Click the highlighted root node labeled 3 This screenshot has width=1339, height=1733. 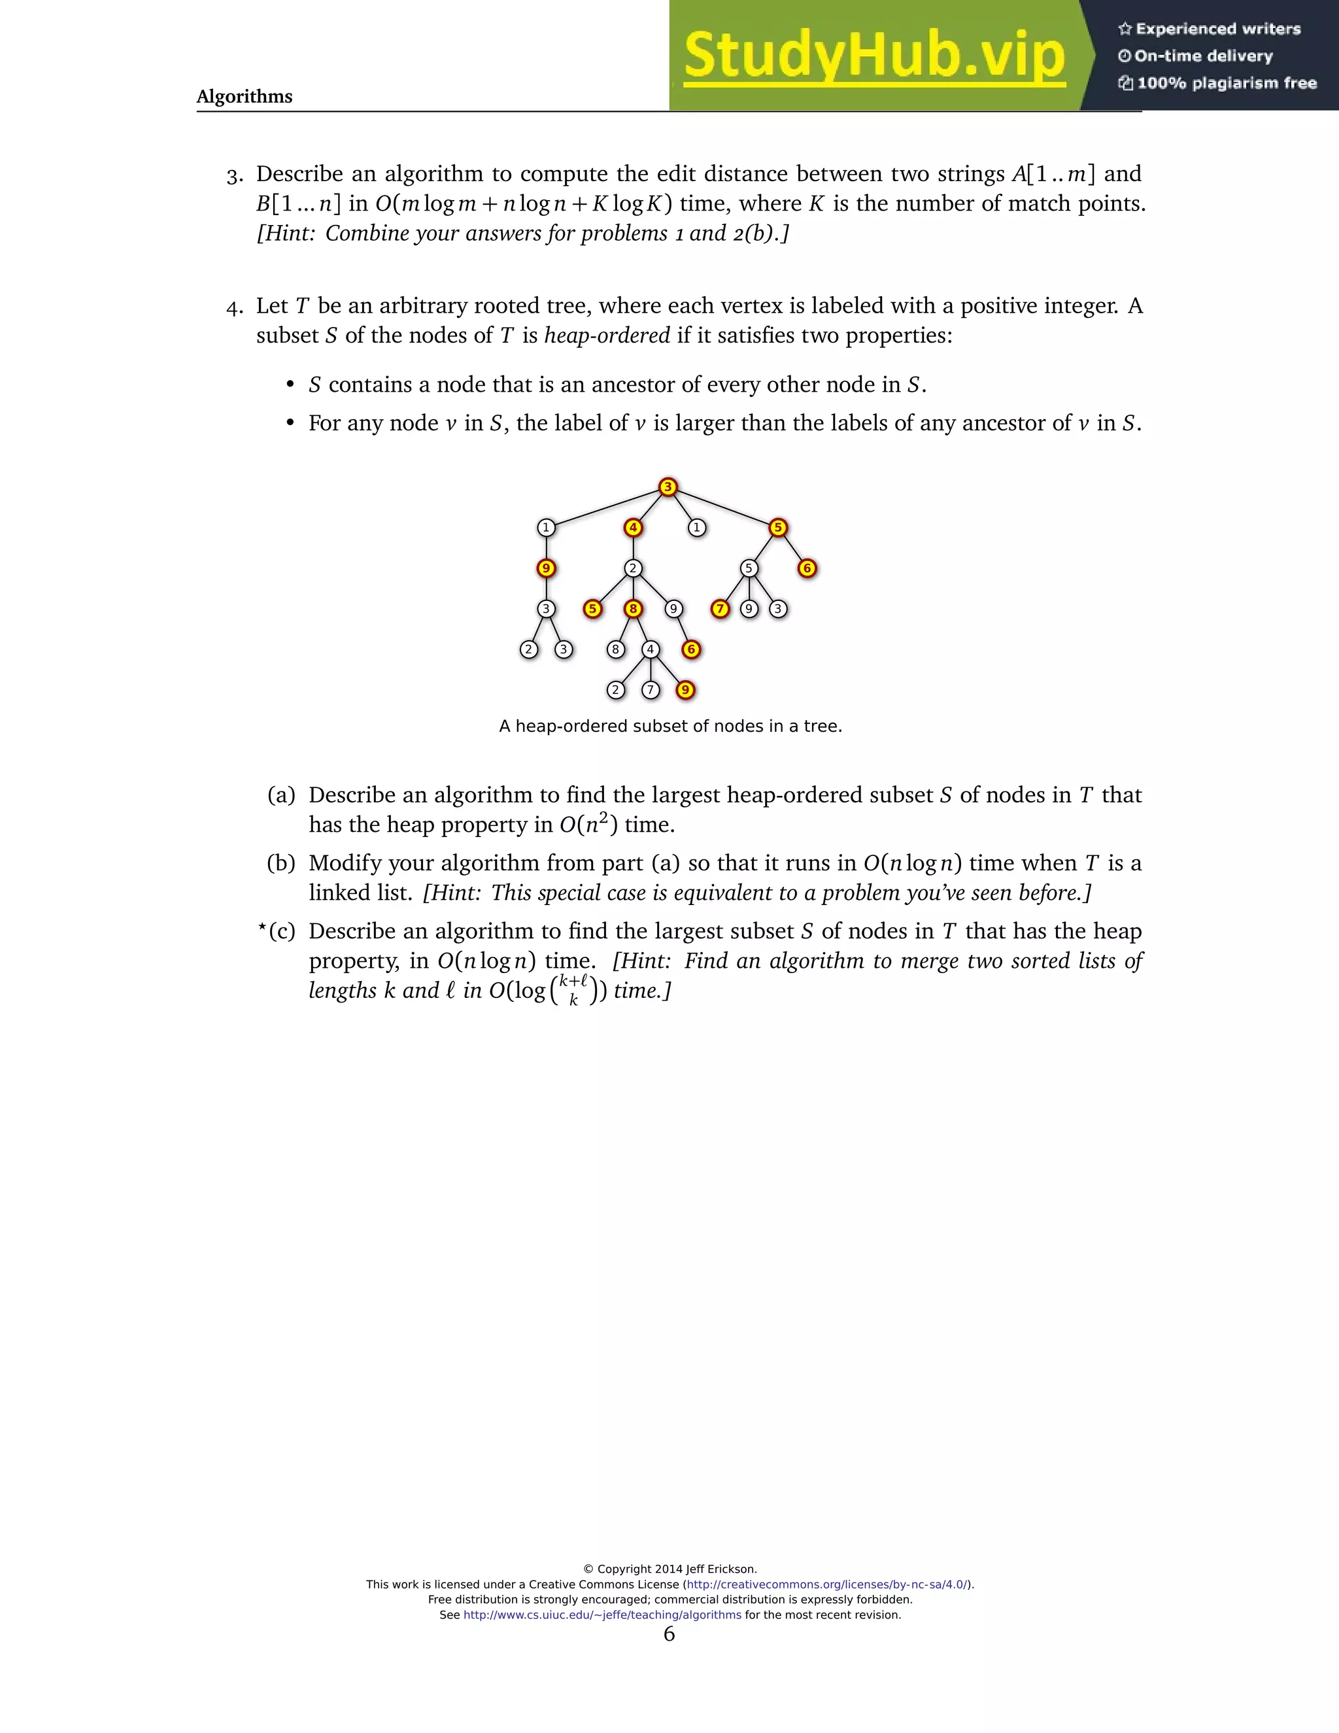[x=668, y=487]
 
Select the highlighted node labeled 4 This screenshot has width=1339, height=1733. [x=633, y=528]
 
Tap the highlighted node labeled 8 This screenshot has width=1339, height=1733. [x=633, y=609]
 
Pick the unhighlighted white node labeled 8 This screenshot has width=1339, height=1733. [x=615, y=650]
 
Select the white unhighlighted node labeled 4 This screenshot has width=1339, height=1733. [x=651, y=650]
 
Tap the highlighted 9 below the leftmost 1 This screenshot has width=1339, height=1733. [x=546, y=569]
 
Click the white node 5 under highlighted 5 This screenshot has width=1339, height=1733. [x=749, y=569]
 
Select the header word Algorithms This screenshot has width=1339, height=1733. [x=245, y=97]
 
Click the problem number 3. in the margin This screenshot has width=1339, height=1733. [x=235, y=175]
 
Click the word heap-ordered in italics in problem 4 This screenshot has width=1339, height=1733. [x=607, y=335]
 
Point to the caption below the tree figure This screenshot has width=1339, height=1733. [x=670, y=726]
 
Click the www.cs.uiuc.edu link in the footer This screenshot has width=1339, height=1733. [x=602, y=1615]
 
